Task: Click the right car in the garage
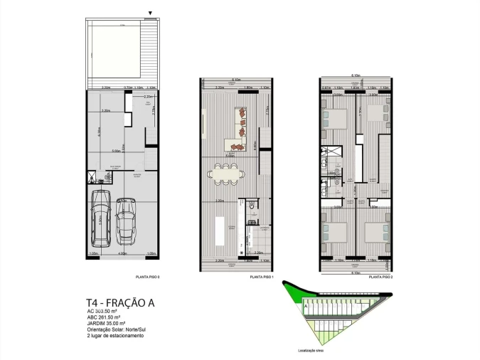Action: (126, 220)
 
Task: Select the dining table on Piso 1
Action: (225, 172)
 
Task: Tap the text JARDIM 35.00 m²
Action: (111, 323)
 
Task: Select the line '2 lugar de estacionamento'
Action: (115, 335)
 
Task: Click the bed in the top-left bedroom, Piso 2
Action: (334, 115)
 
